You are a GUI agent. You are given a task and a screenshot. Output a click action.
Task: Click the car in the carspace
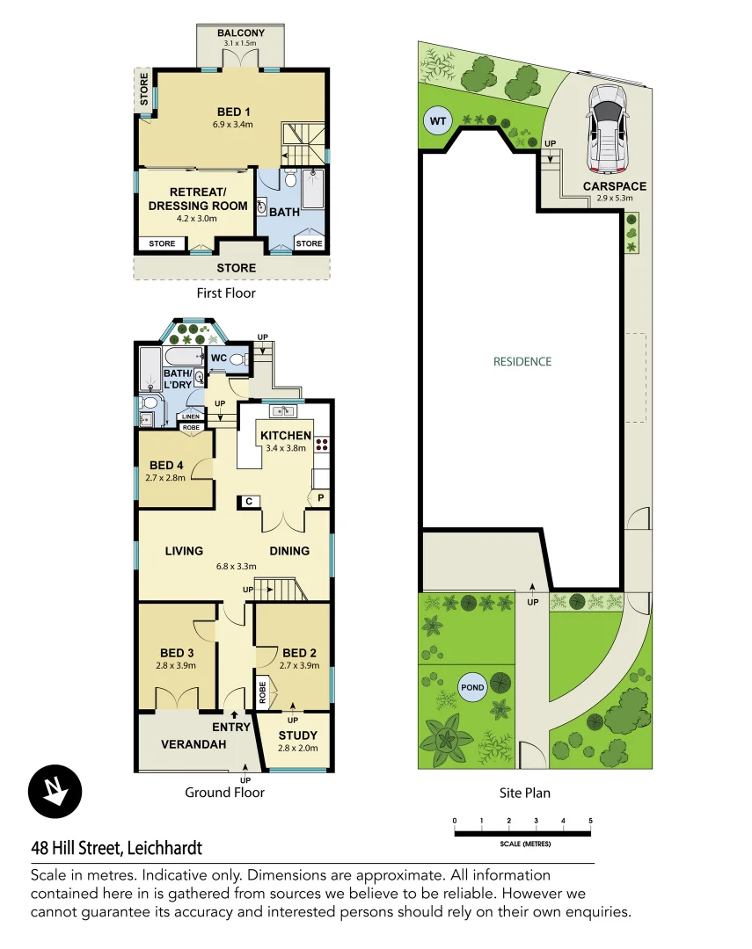[606, 128]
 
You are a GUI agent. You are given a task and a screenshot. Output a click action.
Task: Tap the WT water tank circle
[436, 121]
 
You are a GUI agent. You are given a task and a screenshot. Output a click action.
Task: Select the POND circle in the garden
[472, 687]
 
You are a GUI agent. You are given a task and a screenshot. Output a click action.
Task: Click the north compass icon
[55, 790]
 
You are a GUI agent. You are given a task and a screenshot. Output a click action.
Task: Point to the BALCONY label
[241, 33]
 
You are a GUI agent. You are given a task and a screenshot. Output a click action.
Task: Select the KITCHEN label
[285, 435]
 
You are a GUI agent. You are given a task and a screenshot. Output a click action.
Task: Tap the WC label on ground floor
[217, 359]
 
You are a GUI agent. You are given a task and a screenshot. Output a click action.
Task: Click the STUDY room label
[297, 735]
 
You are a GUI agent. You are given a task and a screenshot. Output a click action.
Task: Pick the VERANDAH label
[193, 744]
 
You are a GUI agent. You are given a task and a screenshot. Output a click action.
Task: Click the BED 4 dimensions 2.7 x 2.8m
[166, 479]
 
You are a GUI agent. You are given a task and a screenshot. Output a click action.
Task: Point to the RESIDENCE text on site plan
[522, 361]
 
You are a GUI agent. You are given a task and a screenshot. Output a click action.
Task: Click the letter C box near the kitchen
[249, 501]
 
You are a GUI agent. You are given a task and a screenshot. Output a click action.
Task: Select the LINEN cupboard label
[191, 417]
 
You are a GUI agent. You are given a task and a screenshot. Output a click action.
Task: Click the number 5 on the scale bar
[590, 821]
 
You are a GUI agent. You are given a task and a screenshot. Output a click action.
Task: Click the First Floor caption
[227, 293]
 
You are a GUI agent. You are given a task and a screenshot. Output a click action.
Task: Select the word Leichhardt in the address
[164, 848]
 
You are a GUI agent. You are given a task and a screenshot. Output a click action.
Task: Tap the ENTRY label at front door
[232, 727]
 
